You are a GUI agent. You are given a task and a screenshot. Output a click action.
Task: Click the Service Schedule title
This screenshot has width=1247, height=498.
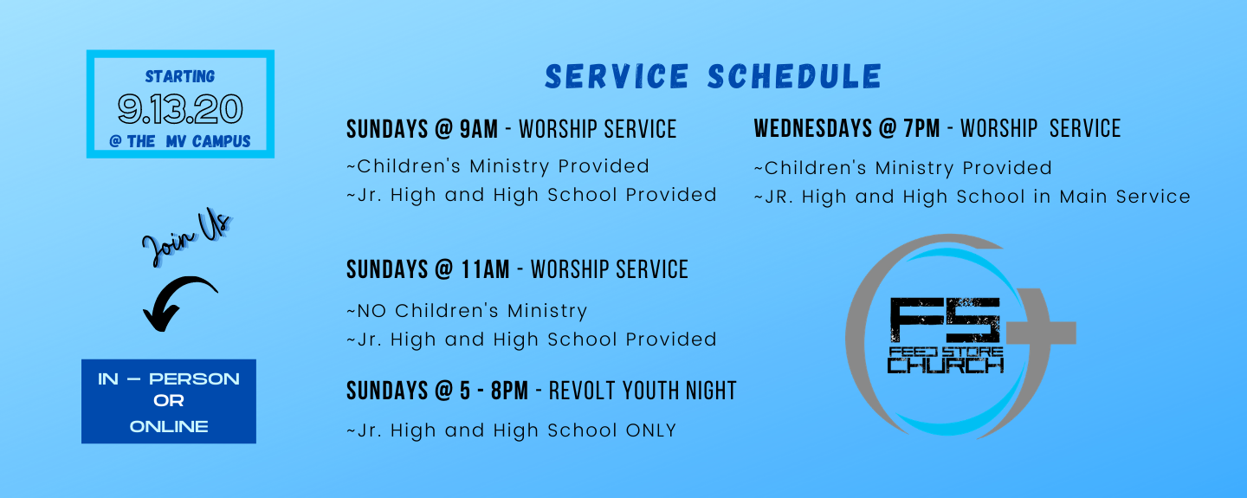[714, 77]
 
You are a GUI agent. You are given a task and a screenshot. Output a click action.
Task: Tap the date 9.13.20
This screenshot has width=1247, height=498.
[180, 108]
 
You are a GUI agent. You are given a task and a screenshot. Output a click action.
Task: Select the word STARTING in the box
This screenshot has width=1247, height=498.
[180, 76]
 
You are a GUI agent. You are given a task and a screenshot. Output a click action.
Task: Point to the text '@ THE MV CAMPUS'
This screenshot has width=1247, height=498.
[180, 141]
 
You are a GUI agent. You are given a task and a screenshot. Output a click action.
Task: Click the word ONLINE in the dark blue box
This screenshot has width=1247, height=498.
[169, 427]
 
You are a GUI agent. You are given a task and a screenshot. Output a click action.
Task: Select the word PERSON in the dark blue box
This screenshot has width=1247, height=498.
[194, 379]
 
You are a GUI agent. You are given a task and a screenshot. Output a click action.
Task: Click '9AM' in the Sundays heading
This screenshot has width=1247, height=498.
[479, 129]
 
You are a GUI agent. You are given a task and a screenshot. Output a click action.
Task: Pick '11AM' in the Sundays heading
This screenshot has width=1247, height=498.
[485, 269]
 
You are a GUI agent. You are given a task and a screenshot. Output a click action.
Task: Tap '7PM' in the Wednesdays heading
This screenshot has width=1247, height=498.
[921, 128]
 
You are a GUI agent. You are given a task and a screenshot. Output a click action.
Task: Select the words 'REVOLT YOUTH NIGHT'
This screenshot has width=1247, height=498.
[643, 391]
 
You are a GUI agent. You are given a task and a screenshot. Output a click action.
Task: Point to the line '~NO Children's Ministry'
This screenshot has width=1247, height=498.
[467, 311]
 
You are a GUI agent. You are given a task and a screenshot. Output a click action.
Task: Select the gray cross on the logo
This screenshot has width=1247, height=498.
[1040, 333]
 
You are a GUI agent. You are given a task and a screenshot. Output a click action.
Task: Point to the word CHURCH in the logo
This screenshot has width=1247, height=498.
[946, 365]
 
